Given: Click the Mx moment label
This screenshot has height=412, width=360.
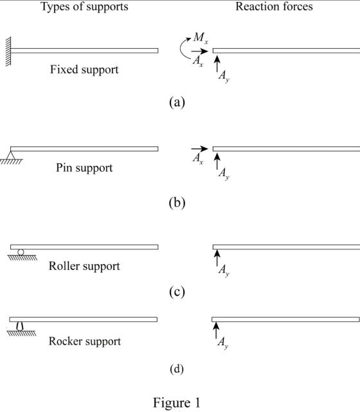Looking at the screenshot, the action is [201, 38].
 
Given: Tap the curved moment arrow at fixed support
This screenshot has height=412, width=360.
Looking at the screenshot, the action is [181, 48].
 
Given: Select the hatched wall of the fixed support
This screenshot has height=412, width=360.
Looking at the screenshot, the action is [8, 51].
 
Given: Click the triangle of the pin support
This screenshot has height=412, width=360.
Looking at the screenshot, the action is [10, 156].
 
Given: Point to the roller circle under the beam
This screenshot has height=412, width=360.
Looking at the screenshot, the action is [21, 252].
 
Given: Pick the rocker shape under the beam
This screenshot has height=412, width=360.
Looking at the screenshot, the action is [20, 326].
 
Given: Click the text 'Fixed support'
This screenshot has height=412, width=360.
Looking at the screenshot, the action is [84, 69].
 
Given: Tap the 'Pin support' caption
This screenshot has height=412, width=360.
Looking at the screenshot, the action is [84, 168].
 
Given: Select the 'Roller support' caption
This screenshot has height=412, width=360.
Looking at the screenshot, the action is [84, 266].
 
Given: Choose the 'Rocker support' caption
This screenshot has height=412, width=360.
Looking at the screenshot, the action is [85, 341].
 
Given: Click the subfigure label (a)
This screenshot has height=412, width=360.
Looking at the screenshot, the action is [177, 102].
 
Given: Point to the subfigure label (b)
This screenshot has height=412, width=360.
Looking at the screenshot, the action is [177, 202].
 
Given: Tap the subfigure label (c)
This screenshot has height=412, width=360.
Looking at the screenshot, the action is [177, 292].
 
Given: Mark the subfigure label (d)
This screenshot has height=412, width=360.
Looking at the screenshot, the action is [177, 369].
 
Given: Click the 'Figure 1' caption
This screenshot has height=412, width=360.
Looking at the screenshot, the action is [177, 402].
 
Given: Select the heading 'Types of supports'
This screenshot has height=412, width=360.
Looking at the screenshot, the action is [85, 6].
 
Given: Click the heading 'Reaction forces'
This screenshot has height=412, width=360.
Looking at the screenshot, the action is [274, 6].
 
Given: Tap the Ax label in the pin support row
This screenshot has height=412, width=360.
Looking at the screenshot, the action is [197, 159].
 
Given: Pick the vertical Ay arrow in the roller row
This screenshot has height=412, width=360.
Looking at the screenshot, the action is [217, 258].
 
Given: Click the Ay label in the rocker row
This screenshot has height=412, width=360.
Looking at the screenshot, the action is [223, 343].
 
